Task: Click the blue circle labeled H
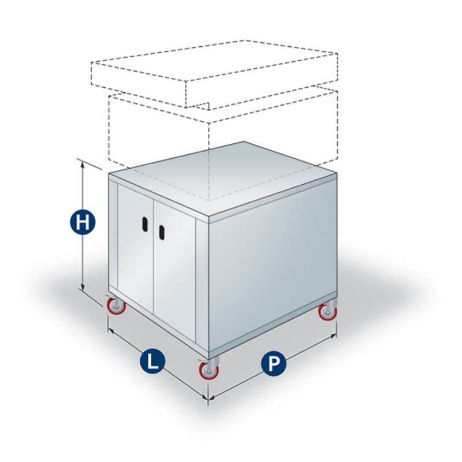pos(83,222)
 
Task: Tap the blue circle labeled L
pos(152,361)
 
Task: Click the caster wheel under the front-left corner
pos(116,306)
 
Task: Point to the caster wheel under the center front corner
pos(209,370)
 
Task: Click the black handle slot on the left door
pos(145,224)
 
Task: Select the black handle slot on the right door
pos(162,232)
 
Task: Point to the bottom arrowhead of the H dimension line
pos(83,287)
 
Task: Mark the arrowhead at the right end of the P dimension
pos(334,336)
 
